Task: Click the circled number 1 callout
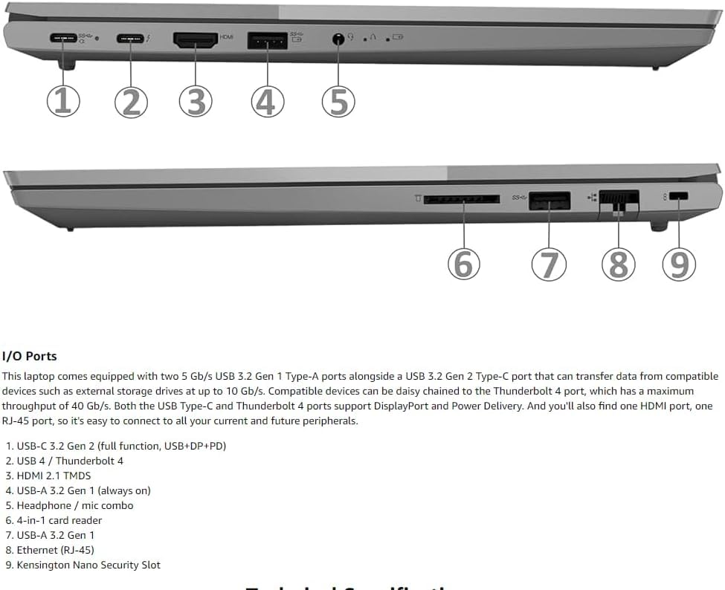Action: coord(63,101)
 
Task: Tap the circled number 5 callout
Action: coord(338,101)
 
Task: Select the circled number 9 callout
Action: coord(678,264)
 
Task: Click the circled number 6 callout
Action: coord(463,264)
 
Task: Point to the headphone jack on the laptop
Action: coord(339,39)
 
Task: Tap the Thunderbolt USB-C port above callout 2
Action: coord(130,37)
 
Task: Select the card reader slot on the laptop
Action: coord(461,199)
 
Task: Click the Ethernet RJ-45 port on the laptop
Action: coord(618,201)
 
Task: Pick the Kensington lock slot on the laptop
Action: coord(678,197)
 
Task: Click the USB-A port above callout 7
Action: coord(550,199)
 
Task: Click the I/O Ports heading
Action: coord(30,356)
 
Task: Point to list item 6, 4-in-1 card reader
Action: coord(59,520)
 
